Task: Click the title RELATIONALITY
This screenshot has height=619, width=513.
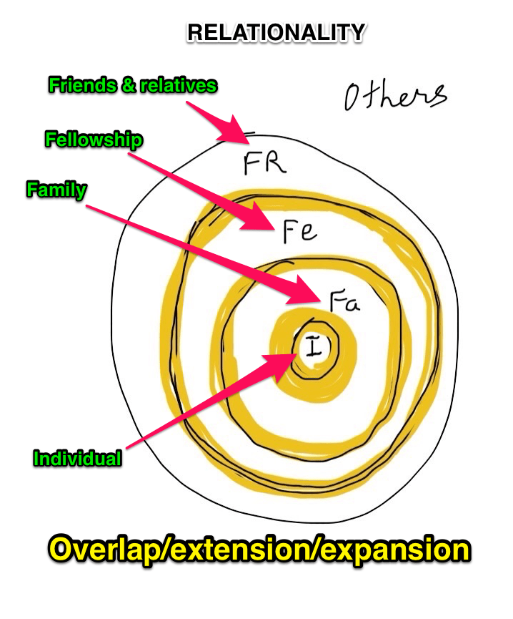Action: click(276, 33)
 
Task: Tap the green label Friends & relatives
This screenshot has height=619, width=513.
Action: click(132, 85)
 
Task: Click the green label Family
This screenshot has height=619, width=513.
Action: click(56, 190)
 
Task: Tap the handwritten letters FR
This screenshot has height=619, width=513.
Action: click(264, 163)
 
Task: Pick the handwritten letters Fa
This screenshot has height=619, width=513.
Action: click(345, 301)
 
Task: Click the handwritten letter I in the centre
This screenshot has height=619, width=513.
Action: click(313, 349)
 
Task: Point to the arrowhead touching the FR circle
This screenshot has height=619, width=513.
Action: click(240, 132)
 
